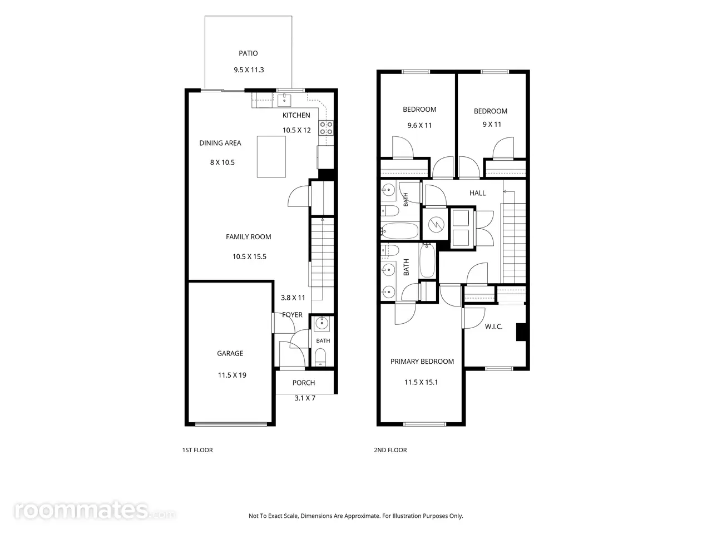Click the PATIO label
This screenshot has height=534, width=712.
[248, 53]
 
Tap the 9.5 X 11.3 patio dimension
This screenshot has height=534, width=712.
[249, 70]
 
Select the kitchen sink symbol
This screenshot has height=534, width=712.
[284, 100]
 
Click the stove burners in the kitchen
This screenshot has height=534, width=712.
[326, 128]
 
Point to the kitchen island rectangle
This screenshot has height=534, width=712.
[271, 157]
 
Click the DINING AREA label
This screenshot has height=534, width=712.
[220, 143]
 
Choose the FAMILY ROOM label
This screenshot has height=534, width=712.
[249, 237]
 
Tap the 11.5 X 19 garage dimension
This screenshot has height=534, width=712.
[232, 375]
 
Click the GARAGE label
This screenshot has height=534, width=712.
[230, 353]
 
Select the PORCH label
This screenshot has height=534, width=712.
[304, 383]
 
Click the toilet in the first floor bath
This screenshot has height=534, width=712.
[320, 357]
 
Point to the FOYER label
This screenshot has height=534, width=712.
[292, 314]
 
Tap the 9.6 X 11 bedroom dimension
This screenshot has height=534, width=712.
[420, 126]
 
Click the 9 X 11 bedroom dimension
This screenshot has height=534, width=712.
[492, 124]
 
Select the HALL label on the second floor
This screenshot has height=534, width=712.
[477, 193]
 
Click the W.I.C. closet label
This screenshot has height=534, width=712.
[494, 327]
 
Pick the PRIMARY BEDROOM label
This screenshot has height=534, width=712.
[422, 361]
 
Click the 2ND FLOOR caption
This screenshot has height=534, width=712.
[390, 449]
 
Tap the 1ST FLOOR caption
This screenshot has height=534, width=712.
[197, 449]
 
